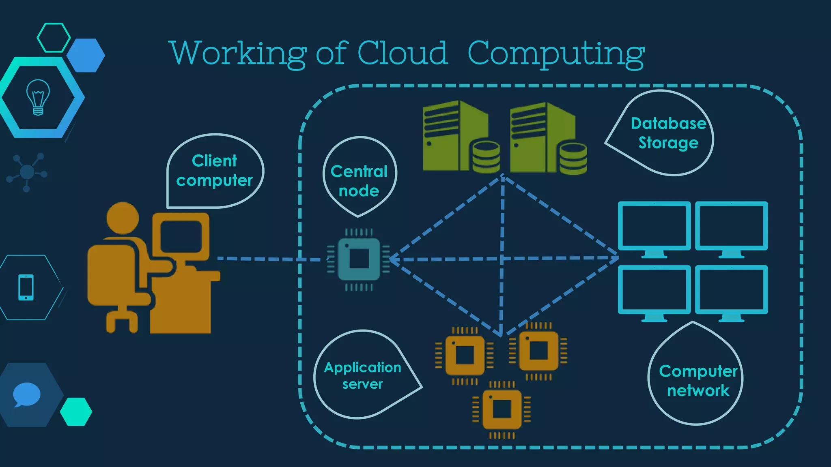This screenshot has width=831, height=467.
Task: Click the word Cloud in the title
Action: [x=402, y=53]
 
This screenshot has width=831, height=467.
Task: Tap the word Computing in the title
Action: [x=556, y=54]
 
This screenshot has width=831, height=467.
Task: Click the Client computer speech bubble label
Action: [x=214, y=170]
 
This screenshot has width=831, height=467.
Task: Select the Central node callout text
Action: [x=359, y=181]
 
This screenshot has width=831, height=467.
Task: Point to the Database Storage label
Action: [x=668, y=133]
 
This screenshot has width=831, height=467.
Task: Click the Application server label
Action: [x=362, y=375]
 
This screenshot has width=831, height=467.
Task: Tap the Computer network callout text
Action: [x=698, y=381]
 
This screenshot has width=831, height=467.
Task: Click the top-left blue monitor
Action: [x=654, y=226]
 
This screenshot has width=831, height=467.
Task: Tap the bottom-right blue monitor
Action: [x=731, y=290]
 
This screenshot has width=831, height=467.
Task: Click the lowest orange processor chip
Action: [x=502, y=409]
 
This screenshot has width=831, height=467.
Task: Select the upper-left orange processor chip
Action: [x=465, y=356]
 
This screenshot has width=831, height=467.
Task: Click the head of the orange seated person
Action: [x=123, y=218]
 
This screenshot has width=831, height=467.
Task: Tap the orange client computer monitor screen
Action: [x=181, y=236]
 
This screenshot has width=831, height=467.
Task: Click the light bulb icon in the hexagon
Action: [x=38, y=97]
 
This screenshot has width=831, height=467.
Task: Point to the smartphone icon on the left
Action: [x=26, y=287]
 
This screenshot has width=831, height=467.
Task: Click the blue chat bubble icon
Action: [x=27, y=394]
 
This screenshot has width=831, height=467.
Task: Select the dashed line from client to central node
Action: [x=268, y=259]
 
